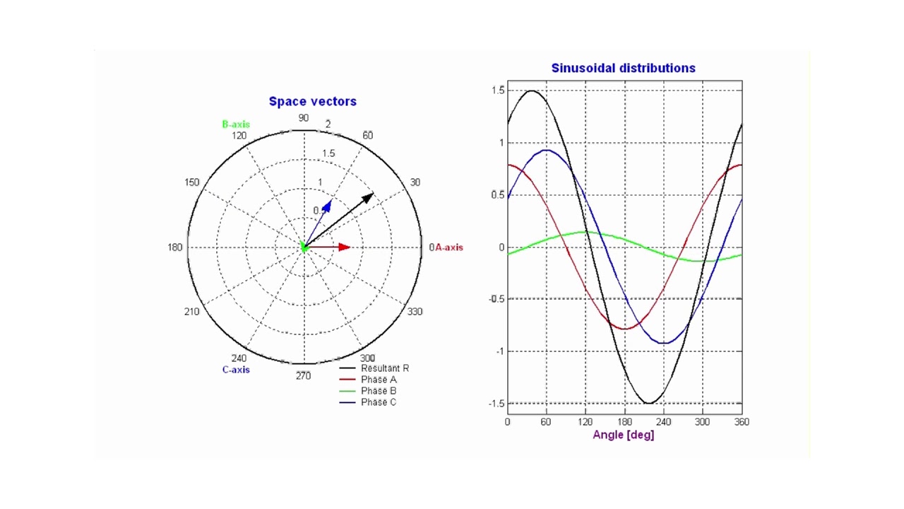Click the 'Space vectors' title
point(312,101)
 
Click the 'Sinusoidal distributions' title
point(623,68)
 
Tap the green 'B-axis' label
point(236,124)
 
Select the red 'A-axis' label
point(448,247)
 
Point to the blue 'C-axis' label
point(236,370)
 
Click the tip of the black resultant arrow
point(371,194)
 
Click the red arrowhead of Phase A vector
point(345,247)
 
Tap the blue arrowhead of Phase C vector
point(327,205)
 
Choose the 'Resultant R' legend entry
point(384,368)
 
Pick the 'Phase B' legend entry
point(379,391)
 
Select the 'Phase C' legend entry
point(379,402)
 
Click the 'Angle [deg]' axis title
point(623,435)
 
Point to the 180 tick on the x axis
point(624,422)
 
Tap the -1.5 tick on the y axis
point(497,404)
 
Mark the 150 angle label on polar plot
point(192,182)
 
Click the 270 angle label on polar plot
point(303,375)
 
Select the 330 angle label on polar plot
point(415,312)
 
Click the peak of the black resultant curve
point(531,90)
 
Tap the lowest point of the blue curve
point(664,343)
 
